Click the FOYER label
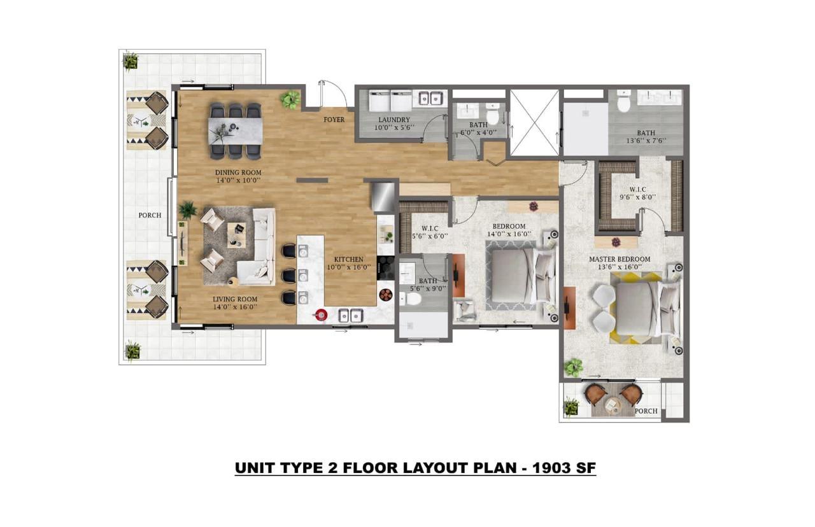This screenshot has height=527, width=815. click(334, 120)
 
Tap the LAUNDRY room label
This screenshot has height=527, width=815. click(393, 120)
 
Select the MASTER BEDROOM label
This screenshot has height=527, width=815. click(620, 259)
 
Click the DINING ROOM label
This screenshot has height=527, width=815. click(238, 172)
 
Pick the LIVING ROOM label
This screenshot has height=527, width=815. click(235, 299)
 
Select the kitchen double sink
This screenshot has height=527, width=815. click(350, 315)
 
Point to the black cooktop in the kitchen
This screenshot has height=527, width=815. click(385, 268)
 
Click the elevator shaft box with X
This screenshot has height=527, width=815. click(534, 122)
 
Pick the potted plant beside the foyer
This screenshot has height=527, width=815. click(290, 99)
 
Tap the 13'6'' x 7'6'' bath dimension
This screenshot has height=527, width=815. click(646, 141)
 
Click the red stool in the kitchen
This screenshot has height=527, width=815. click(322, 314)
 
